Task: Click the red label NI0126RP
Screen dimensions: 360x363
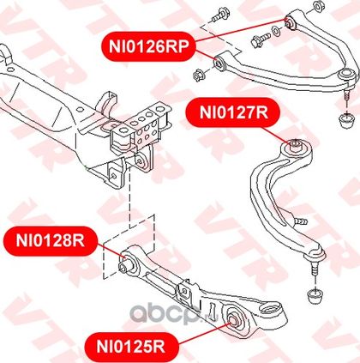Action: (148, 46)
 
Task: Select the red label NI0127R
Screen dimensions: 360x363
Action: (233, 112)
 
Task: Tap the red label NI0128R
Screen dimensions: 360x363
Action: (51, 241)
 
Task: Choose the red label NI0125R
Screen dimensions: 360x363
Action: (131, 347)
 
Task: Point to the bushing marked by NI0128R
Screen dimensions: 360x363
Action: (126, 263)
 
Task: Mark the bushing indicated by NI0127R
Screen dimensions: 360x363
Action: (296, 145)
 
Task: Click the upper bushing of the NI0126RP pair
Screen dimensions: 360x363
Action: (290, 22)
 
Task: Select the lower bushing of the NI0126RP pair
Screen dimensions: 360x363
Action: (219, 63)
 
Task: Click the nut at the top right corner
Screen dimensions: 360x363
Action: (318, 6)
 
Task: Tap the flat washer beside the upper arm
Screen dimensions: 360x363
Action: (275, 30)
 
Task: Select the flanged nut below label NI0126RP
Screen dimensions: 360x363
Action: (199, 75)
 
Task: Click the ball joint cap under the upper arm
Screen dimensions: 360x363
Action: (346, 122)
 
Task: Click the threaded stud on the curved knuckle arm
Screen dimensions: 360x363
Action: (300, 221)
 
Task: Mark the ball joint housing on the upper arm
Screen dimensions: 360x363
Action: (347, 76)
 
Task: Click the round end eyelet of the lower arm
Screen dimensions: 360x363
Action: (272, 310)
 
